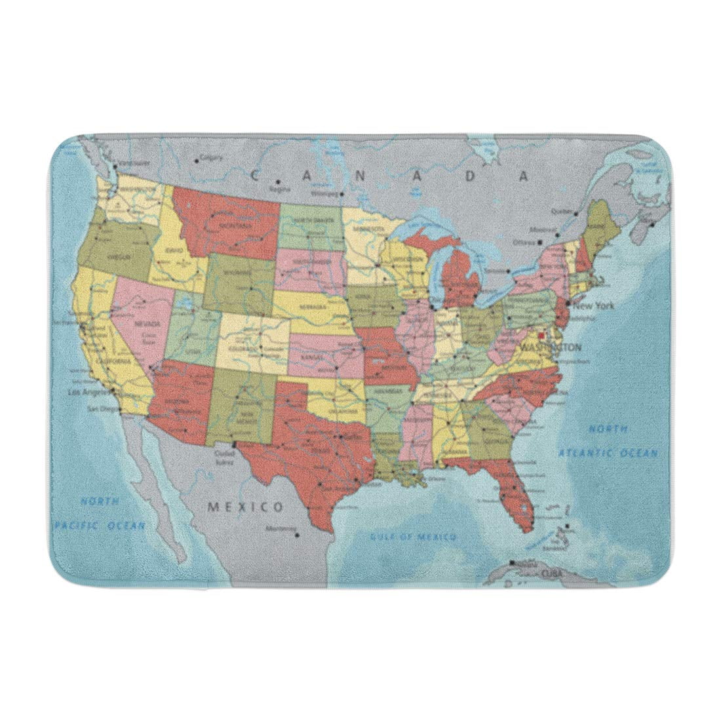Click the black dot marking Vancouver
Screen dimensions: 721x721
pyautogui.click(x=114, y=166)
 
